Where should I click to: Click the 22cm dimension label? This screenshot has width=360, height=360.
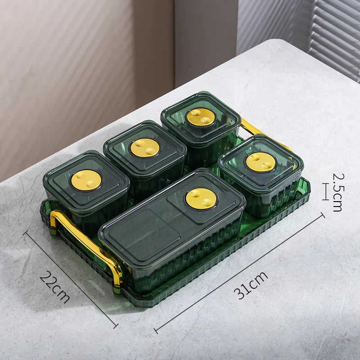pyautogui.click(x=54, y=287)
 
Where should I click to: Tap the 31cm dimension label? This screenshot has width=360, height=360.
pyautogui.click(x=251, y=285)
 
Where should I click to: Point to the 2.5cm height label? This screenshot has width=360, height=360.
pyautogui.click(x=339, y=193)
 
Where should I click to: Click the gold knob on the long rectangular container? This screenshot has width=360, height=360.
pyautogui.click(x=201, y=199)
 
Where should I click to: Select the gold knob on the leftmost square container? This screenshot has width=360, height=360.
pyautogui.click(x=86, y=180)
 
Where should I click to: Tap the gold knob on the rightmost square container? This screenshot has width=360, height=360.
pyautogui.click(x=261, y=162)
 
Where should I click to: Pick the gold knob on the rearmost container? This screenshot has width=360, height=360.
pyautogui.click(x=201, y=117)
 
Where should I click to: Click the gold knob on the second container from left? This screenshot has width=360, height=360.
pyautogui.click(x=145, y=148)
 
